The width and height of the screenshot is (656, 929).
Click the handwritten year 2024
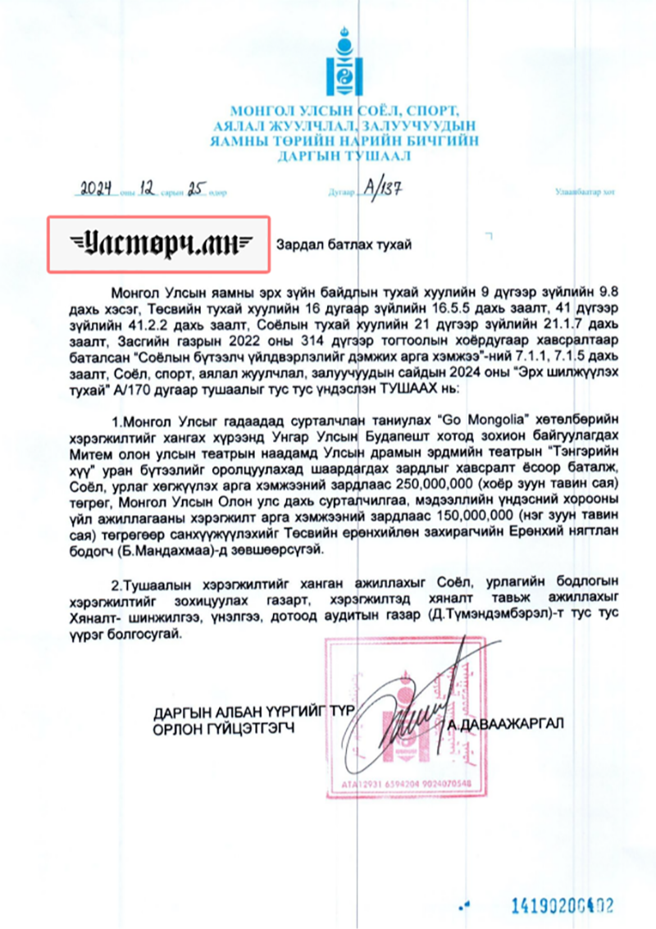tap(96, 190)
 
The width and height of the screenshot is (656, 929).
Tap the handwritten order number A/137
tap(382, 189)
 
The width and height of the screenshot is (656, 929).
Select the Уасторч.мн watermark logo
tap(158, 244)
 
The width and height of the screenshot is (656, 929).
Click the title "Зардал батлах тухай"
tap(344, 244)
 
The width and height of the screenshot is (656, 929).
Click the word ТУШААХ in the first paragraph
tap(393, 390)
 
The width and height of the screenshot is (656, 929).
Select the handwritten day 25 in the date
tap(194, 190)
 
